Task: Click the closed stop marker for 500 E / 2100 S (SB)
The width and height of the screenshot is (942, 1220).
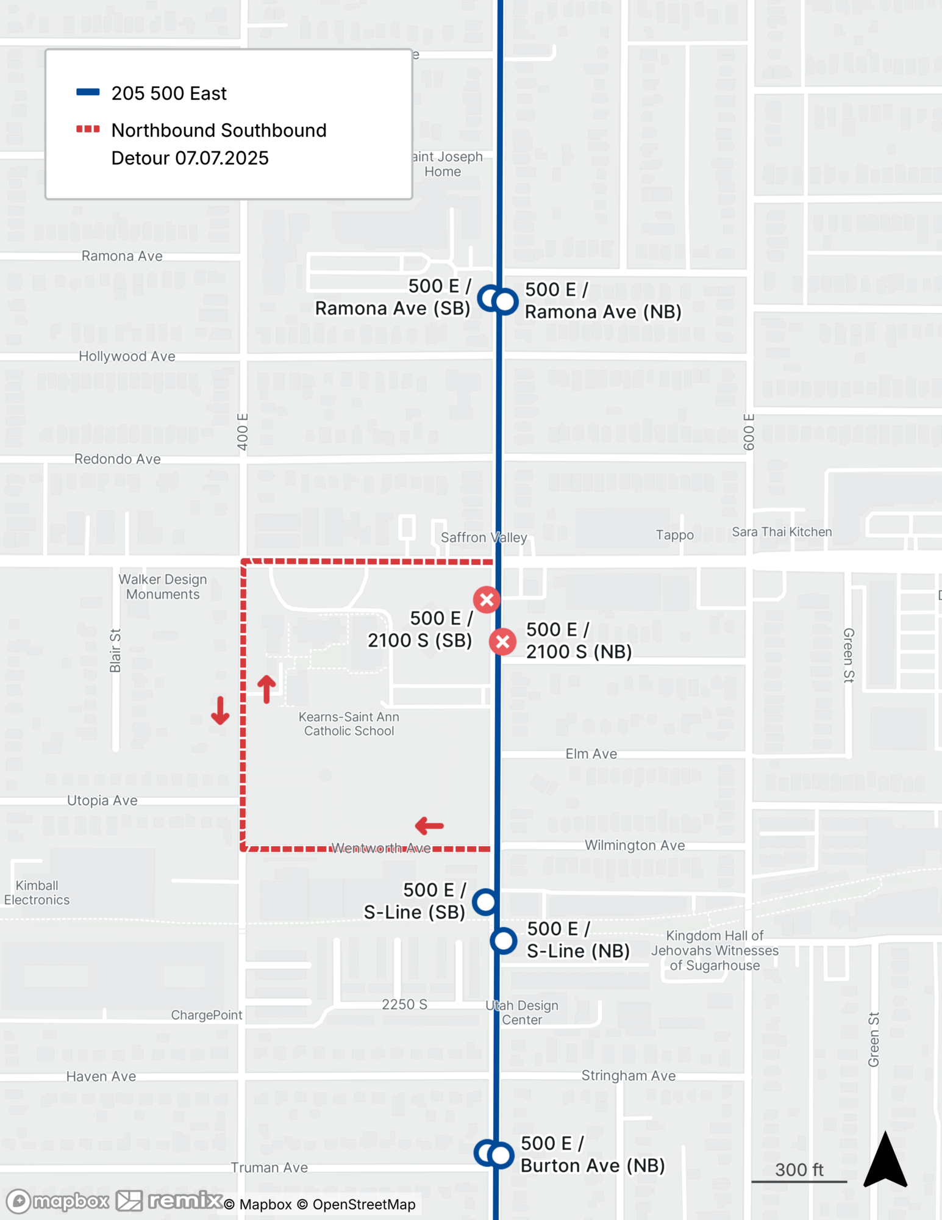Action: pos(487,600)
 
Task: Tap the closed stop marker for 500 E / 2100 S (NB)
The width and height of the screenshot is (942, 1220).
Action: pos(503,642)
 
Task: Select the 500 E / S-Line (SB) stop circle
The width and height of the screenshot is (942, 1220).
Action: pos(485,901)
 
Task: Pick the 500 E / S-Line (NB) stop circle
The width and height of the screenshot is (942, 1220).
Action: pos(504,941)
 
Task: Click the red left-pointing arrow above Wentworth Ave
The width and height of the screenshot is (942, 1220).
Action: pos(429,826)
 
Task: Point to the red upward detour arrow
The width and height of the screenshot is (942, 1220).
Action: pos(266,689)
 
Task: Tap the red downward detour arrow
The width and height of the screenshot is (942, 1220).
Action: pos(220,711)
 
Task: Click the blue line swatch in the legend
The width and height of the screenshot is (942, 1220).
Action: pos(88,93)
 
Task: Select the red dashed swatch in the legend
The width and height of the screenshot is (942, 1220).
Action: pos(88,129)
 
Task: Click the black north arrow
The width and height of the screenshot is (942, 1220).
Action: pos(885,1160)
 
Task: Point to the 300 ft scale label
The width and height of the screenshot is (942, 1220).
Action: pos(799,1169)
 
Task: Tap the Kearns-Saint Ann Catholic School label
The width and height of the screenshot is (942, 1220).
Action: pos(349,723)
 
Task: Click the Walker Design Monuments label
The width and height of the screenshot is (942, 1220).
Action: pos(163,586)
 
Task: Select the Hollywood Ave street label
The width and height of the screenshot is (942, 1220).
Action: pos(127,356)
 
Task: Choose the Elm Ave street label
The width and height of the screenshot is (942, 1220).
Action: pos(591,754)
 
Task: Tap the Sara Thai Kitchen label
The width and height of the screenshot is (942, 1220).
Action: pos(782,532)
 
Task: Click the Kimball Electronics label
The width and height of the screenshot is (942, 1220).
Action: pos(37,892)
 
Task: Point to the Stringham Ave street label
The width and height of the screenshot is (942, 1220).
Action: pos(628,1075)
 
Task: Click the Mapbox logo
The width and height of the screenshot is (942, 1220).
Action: pos(57,1201)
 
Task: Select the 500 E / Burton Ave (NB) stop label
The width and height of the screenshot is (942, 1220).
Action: pos(592,1154)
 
